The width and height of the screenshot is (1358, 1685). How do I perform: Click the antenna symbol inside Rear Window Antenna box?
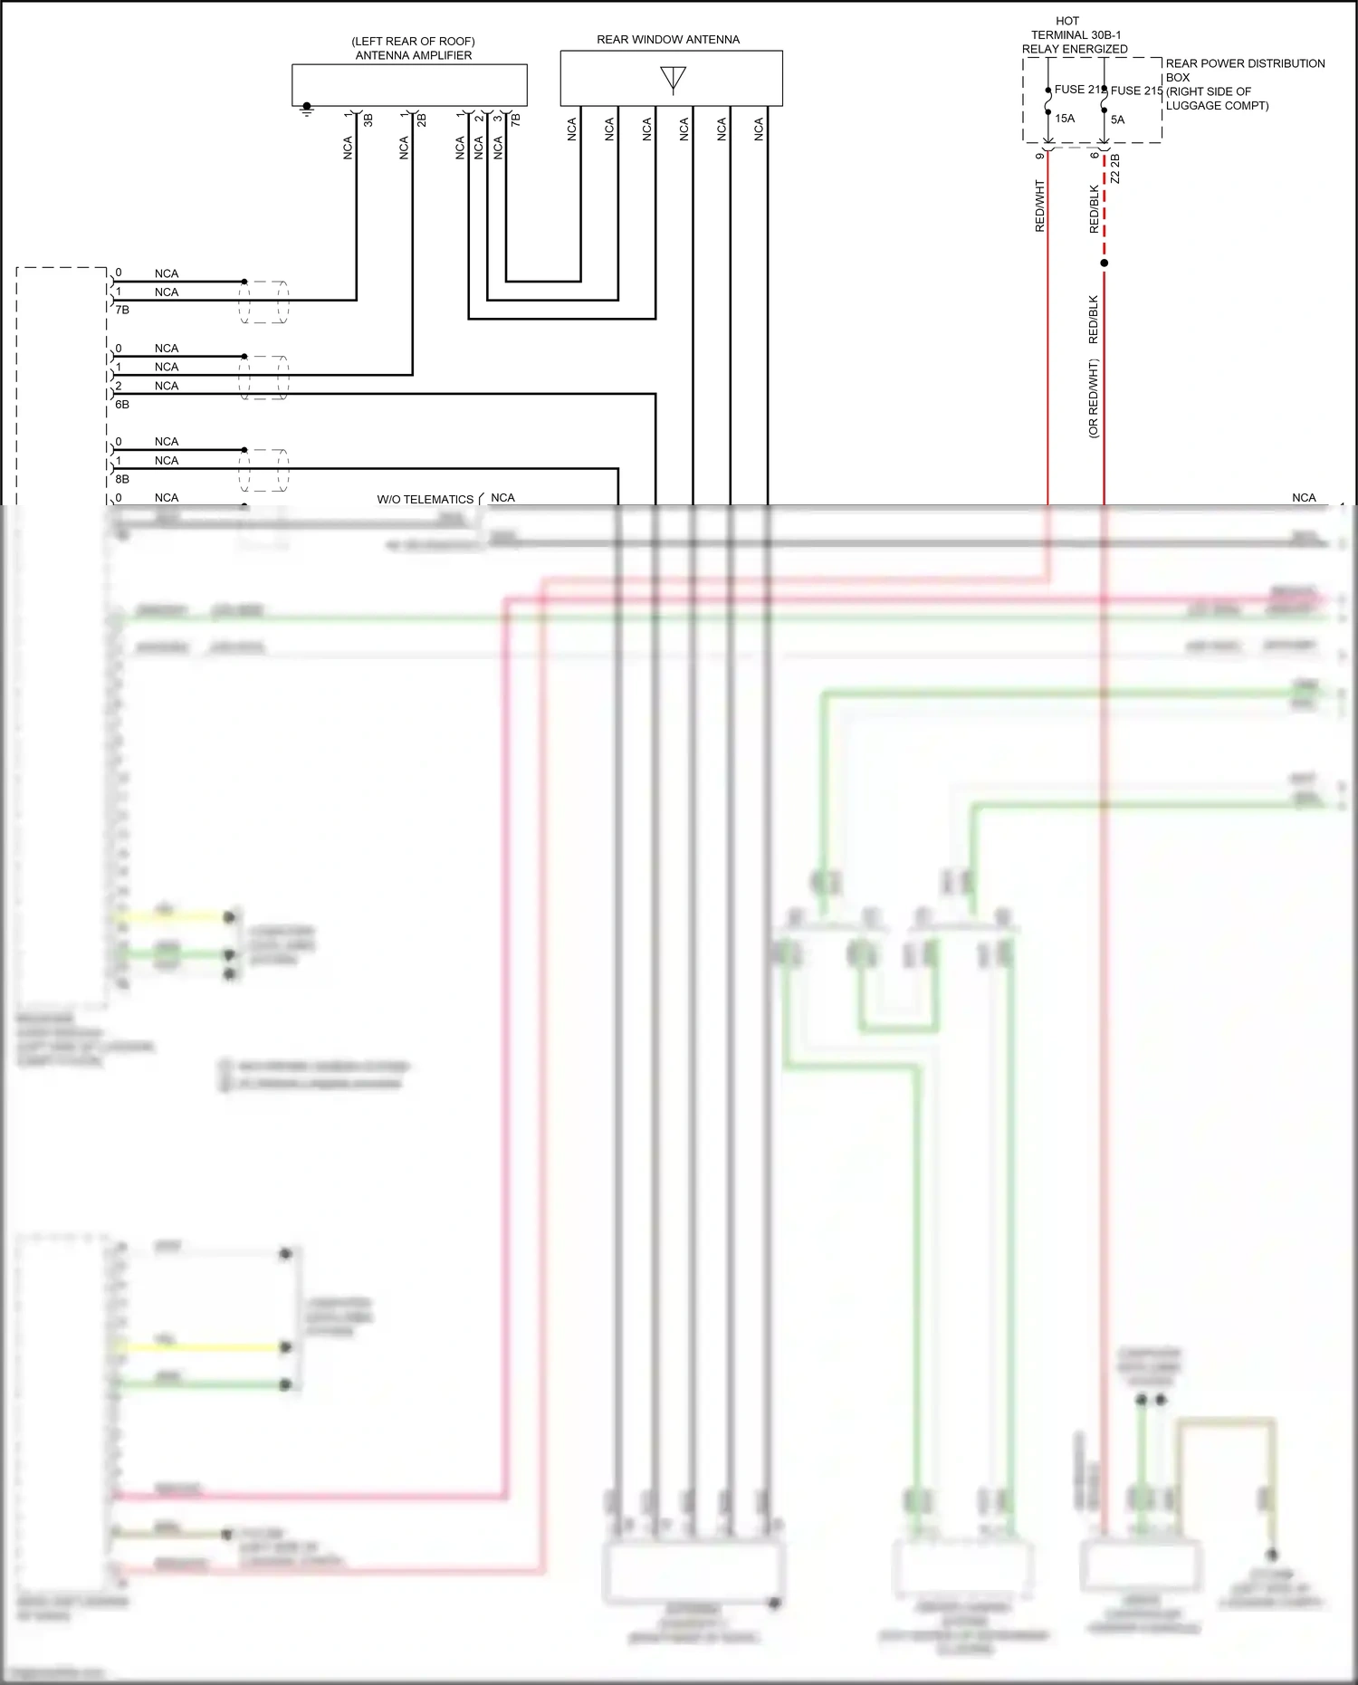pos(673,80)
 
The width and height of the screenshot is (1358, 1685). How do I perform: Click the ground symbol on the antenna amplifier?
pos(307,110)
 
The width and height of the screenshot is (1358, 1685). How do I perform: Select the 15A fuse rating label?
pos(1065,119)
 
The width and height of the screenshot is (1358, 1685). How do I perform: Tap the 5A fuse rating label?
pos(1117,120)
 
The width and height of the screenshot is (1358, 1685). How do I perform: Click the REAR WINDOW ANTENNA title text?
pos(668,40)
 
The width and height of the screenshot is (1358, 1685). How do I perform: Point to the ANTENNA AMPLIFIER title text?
pos(413,55)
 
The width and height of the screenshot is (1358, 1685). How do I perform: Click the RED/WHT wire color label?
pos(1039,206)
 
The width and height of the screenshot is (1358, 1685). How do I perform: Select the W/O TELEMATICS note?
pos(425,499)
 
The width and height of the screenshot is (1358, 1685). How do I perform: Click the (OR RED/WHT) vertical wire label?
pos(1093,398)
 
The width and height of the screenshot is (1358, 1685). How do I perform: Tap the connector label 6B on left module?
pos(122,405)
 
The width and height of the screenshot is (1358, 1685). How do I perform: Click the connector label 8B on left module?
pos(122,479)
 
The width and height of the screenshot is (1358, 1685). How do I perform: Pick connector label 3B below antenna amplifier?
pos(368,119)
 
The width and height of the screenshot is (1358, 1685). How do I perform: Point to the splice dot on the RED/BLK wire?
pos(1104,263)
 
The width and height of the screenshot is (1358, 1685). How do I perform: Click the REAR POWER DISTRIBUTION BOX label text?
pos(1245,71)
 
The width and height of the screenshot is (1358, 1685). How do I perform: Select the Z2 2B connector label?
pos(1115,169)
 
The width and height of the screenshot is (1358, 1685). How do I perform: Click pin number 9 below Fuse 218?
pos(1039,155)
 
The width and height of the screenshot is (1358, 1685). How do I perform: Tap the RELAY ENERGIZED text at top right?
pos(1075,49)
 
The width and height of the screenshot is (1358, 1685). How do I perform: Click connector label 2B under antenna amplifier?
pos(423,119)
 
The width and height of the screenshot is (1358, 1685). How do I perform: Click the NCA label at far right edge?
pos(1304,498)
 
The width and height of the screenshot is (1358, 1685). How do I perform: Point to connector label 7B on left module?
pos(122,310)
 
